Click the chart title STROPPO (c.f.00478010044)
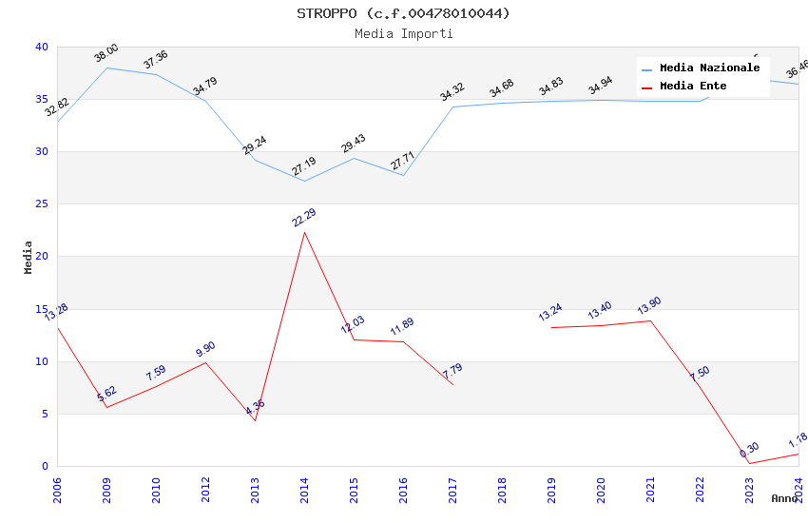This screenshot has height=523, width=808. pos(403,13)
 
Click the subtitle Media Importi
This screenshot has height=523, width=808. pos(403,34)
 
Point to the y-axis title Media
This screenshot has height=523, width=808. pos(29,257)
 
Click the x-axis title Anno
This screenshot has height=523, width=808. pos(784,498)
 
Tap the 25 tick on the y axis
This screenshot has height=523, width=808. pos(42,204)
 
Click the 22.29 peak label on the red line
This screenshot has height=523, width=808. pos(304,218)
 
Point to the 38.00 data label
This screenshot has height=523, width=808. pos(106,53)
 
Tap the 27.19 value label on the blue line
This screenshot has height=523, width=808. pos(304,166)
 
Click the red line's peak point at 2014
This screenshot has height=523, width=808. pos(304,232)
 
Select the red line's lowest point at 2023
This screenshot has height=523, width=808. pos(749,463)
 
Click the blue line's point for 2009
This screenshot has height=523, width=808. pos(106,68)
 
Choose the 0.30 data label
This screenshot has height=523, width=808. pos(749,450)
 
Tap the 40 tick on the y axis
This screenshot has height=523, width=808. pos(42,47)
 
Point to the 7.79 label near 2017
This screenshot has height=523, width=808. pos(452,371)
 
